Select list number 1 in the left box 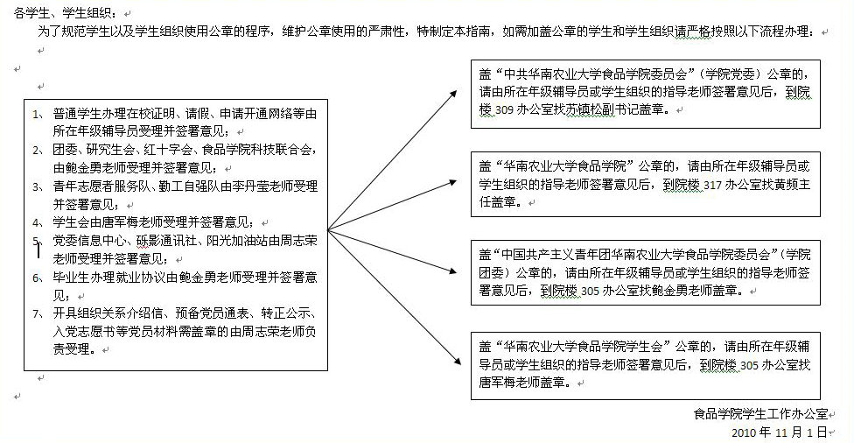tap(35, 115)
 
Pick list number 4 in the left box tap(35, 222)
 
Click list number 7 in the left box tap(35, 313)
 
